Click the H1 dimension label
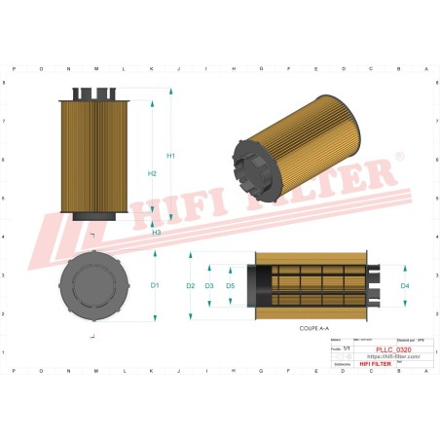[171, 156]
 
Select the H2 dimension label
[152, 173]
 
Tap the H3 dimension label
[157, 233]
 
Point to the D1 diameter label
[155, 285]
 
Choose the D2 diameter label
[191, 285]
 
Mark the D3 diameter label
[209, 285]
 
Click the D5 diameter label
[231, 285]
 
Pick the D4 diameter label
[405, 285]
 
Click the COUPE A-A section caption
[314, 331]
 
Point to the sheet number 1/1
[348, 348]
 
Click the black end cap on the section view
[261, 285]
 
